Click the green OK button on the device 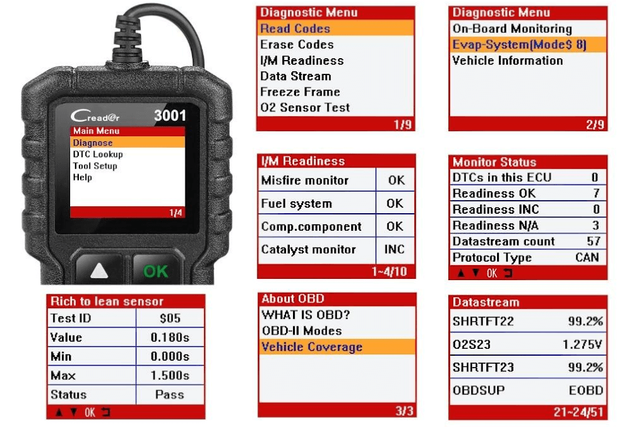coord(156,271)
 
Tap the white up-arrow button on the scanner coord(99,271)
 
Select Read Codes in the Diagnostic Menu coord(295,29)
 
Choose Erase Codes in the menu coord(297,44)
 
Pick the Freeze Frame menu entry coord(300,92)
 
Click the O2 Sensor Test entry coord(305,108)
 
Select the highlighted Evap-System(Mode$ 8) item coord(519,44)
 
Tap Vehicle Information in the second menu coord(508,61)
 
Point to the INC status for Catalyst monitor coord(394,249)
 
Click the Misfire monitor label coord(305,180)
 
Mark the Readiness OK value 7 coord(596,193)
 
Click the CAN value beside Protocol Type coord(587,257)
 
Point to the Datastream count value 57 coord(593,241)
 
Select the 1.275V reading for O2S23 coord(582,344)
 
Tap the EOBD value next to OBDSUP coord(586,390)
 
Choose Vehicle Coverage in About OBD coord(312,347)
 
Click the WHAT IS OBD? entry coord(305,315)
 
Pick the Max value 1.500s coord(170,375)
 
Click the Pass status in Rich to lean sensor coord(169,394)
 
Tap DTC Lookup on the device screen coord(98,154)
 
